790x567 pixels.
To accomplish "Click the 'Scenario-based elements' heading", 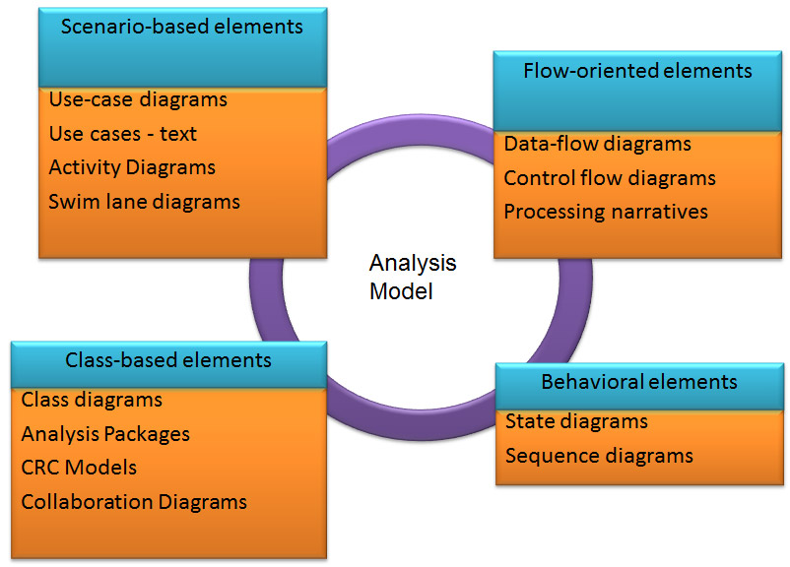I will tap(182, 27).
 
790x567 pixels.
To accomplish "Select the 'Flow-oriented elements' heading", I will tap(637, 71).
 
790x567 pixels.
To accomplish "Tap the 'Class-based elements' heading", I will tap(168, 360).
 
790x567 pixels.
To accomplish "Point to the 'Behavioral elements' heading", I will tap(638, 382).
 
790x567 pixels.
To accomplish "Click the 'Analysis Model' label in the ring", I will tap(413, 278).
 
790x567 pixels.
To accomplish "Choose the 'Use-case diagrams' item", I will tap(138, 100).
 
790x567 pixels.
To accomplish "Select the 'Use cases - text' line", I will tap(123, 134).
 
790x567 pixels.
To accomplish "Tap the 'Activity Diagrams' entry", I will tap(132, 167).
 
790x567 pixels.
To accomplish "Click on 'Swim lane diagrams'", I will tap(144, 202).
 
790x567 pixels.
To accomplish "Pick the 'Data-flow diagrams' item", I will tap(597, 144).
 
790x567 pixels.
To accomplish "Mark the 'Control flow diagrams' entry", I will tap(610, 178).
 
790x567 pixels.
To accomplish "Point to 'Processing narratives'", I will tap(606, 212).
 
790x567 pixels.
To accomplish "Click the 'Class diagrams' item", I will tap(92, 400).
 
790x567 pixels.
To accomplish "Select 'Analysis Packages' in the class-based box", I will tap(105, 433).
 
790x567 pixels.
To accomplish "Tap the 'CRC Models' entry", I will tap(79, 468).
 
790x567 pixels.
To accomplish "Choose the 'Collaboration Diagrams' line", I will tap(134, 502).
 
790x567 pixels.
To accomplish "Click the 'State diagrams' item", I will tap(576, 421).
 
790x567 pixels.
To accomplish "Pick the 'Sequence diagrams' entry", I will tap(599, 456).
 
